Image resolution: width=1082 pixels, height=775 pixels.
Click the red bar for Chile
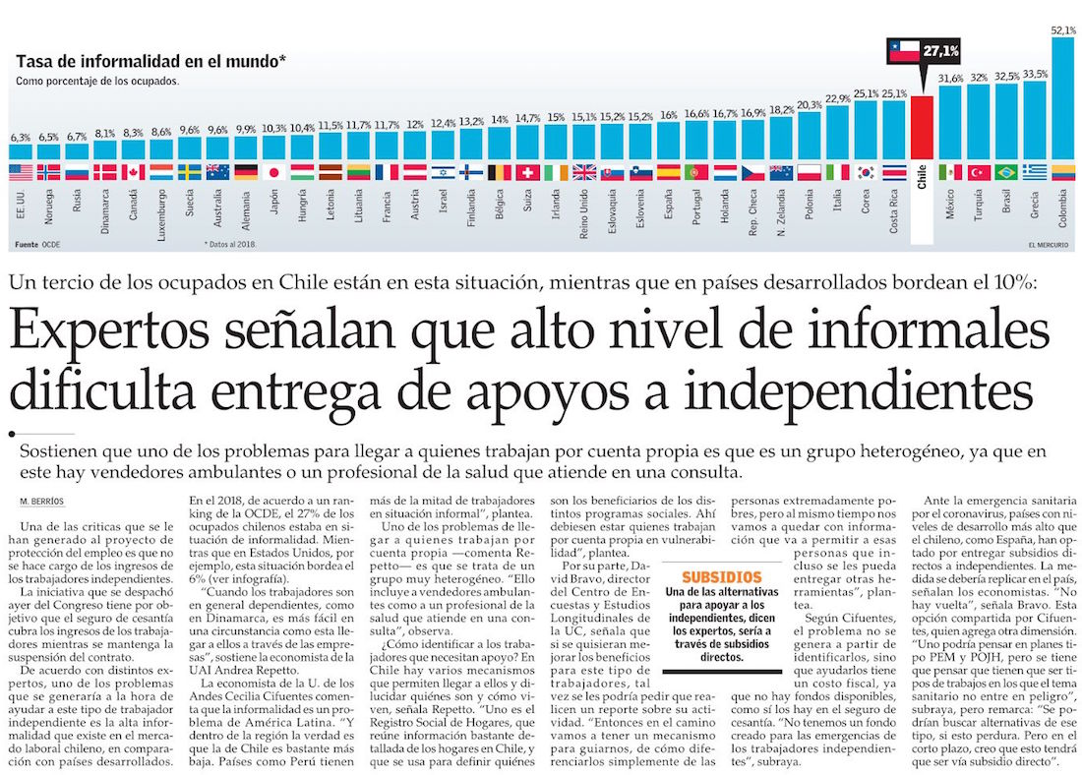click(x=922, y=128)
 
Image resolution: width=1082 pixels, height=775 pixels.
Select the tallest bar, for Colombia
click(x=1063, y=98)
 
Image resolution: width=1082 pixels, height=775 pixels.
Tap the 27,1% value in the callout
click(x=941, y=50)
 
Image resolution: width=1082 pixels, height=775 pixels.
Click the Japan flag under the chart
click(x=274, y=172)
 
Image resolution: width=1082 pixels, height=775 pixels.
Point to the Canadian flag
click(x=133, y=172)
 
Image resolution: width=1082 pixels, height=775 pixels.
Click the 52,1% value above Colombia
click(x=1063, y=30)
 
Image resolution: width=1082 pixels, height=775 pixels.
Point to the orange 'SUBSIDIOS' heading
click(x=722, y=576)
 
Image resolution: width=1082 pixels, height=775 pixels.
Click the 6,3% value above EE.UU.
click(x=21, y=138)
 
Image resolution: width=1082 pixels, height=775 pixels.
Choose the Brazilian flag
click(x=1006, y=172)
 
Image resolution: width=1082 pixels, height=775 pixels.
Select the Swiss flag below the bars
click(x=528, y=172)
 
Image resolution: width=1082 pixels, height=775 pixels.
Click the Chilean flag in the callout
click(x=903, y=51)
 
